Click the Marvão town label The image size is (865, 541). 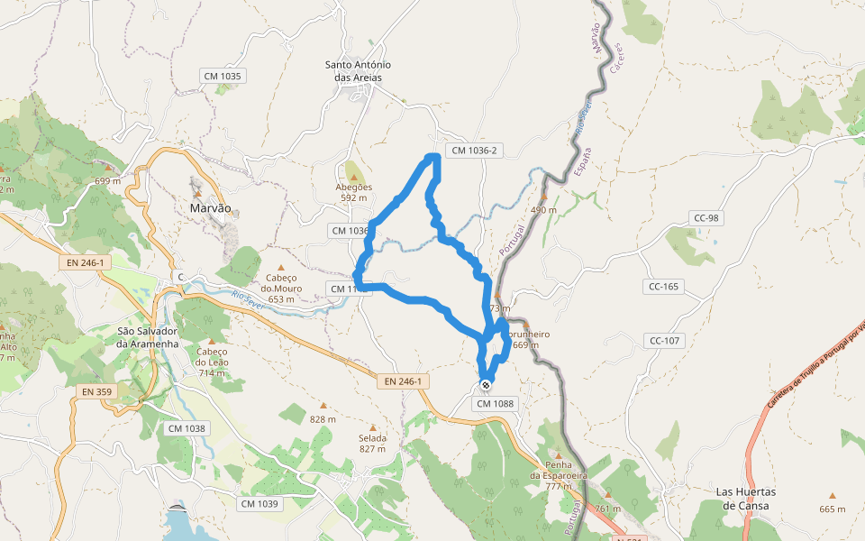pyautogui.click(x=211, y=208)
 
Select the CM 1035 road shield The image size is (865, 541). pyautogui.click(x=223, y=77)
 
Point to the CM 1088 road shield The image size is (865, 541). pyautogui.click(x=495, y=403)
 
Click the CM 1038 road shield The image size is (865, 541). pyautogui.click(x=187, y=428)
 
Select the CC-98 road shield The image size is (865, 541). pyautogui.click(x=706, y=218)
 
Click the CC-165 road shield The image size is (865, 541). pyautogui.click(x=665, y=287)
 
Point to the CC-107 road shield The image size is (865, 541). pyautogui.click(x=665, y=341)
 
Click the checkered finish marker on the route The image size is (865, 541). pyautogui.click(x=486, y=385)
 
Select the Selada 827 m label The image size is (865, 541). pyautogui.click(x=372, y=444)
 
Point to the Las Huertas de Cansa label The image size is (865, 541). pyautogui.click(x=745, y=499)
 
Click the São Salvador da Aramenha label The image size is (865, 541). pyautogui.click(x=149, y=337)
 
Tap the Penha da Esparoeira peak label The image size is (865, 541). pyautogui.click(x=559, y=475)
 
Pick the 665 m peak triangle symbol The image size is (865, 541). pyautogui.click(x=832, y=495)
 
